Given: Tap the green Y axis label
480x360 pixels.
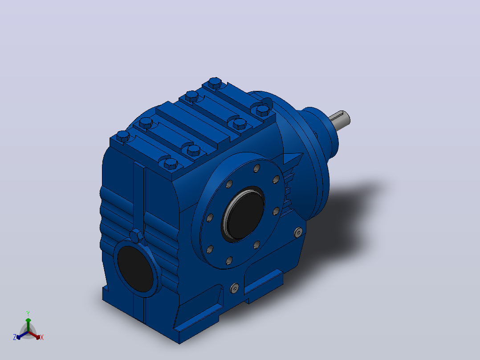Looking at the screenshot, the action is pos(28,314).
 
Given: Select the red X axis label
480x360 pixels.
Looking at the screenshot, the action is pos(42,337).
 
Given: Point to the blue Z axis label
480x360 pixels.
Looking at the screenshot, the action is pos(14,337).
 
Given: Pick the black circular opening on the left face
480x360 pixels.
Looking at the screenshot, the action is pos(135,268).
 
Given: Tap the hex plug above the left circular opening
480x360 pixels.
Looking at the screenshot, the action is pos(136,236).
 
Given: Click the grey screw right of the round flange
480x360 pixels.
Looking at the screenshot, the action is pos(298,232).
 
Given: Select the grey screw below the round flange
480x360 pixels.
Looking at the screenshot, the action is pos(234,288).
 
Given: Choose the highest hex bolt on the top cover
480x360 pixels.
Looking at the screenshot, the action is pos(215,83).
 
